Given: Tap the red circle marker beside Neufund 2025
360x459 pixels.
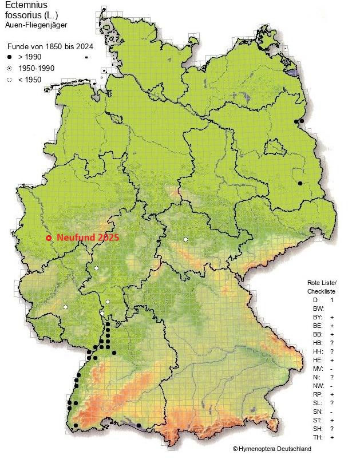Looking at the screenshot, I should (x=49, y=238).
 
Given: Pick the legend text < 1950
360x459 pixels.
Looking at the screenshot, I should (x=30, y=80).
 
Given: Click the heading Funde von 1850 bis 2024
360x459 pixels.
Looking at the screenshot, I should (x=43, y=46).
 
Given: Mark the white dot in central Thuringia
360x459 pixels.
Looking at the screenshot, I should (x=185, y=239).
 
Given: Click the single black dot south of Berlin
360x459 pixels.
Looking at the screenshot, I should (x=299, y=183).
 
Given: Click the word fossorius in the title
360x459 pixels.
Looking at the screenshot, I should (x=21, y=16).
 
